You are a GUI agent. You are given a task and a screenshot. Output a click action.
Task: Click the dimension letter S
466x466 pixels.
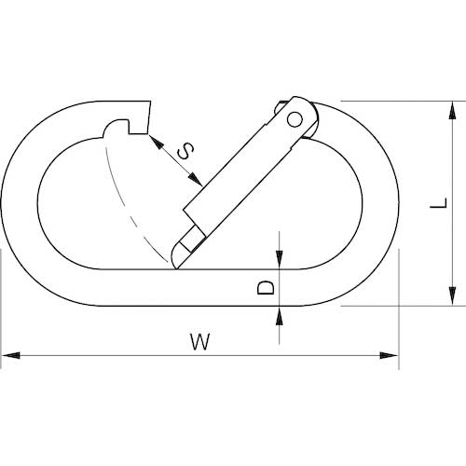185,151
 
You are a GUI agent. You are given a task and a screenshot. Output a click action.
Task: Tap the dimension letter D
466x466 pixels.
266,287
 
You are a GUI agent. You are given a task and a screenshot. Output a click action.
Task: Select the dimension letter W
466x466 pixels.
200,341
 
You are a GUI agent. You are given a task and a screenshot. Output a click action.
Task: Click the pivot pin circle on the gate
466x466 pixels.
295,119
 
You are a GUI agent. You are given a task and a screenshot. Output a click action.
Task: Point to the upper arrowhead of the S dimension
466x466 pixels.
157,142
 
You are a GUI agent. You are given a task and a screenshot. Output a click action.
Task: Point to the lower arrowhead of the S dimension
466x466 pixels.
195,180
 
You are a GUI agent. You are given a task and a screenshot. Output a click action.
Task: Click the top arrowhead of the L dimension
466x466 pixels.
453,110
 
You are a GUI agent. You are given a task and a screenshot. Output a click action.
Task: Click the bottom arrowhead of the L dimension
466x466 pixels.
453,296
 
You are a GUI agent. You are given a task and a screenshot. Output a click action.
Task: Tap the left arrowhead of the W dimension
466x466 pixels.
10,355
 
